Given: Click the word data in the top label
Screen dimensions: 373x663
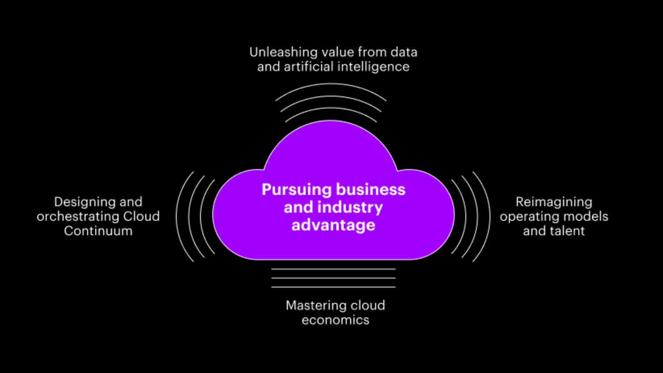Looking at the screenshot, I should (x=404, y=52).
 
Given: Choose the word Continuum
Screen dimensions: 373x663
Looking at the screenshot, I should (x=98, y=231).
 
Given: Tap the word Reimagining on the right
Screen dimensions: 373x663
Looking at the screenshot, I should (x=554, y=202).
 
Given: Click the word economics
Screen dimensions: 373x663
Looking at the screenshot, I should (x=335, y=320).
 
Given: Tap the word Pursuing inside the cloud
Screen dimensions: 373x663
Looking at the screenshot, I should (x=296, y=190).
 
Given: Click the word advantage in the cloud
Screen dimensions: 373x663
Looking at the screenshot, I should (x=333, y=225).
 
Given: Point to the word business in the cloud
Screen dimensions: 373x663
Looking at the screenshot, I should (x=371, y=190).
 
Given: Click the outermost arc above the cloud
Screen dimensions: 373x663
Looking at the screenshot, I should (x=331, y=84).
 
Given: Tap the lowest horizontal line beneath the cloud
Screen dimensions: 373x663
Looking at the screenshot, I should (x=333, y=287).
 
